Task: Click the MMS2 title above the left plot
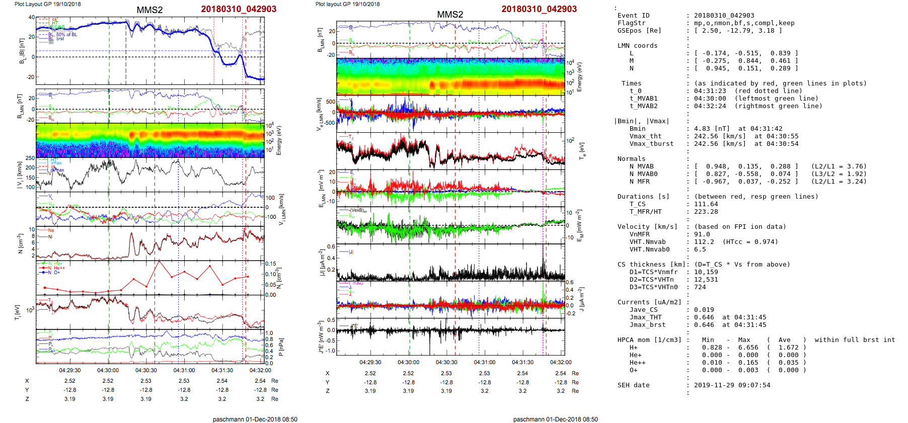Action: coord(149,10)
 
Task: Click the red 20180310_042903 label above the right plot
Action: coord(539,9)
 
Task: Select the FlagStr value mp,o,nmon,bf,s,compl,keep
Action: coord(744,23)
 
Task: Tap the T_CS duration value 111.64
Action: coord(706,204)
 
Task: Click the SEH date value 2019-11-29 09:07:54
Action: coord(732,385)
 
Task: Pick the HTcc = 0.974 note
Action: coord(750,242)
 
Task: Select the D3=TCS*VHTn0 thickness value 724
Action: coord(700,287)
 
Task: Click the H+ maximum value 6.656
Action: coord(748,348)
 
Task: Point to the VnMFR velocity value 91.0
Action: coord(702,234)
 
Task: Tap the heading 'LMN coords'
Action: coord(637,46)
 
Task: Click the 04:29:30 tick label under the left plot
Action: coord(69,370)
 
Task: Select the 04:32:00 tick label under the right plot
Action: coord(560,362)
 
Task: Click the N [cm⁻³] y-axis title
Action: coord(21,243)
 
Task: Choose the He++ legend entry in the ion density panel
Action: coord(59,268)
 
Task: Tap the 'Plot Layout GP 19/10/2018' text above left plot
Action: coord(47,4)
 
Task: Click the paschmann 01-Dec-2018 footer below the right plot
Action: coord(555,419)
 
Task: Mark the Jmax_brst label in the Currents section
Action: coord(647,325)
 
